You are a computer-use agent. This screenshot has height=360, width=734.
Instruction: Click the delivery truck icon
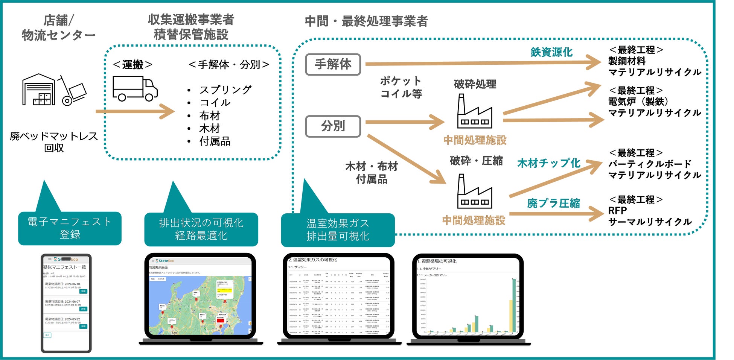[135, 89]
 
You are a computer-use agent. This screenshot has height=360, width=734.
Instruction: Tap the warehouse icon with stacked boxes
[38, 90]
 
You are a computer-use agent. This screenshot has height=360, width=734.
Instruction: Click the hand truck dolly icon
[72, 91]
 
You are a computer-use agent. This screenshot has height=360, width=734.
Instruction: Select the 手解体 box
[333, 64]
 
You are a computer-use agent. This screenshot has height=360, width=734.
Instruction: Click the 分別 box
[333, 126]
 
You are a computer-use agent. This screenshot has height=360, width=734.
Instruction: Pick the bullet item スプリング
[225, 90]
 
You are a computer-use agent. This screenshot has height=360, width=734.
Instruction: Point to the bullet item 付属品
[215, 141]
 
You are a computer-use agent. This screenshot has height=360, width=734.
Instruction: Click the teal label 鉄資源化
[551, 52]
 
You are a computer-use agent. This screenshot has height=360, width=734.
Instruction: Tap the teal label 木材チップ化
[548, 163]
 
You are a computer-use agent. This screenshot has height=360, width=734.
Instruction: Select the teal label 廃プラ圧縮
[553, 204]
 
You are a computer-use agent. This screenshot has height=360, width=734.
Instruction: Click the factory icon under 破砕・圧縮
[474, 191]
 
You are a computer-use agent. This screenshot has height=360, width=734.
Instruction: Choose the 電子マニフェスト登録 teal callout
[70, 228]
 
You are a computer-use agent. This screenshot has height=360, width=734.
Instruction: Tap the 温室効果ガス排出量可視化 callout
[338, 230]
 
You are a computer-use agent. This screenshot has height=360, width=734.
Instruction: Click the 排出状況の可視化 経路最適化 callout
[201, 229]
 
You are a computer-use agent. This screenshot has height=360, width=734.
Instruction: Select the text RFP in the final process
[617, 211]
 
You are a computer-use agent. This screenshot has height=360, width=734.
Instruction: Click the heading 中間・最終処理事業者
[366, 21]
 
